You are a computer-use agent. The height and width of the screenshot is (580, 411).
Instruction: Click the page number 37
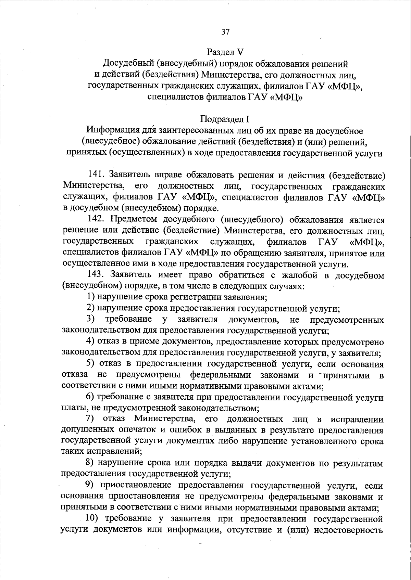pos(225,32)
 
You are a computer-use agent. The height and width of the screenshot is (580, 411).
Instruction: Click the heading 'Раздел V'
pos(225,52)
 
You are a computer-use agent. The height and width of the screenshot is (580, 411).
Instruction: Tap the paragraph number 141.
pos(97,175)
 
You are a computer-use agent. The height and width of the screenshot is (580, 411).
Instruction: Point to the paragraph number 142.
pos(97,219)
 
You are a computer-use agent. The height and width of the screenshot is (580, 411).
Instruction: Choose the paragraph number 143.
pos(97,275)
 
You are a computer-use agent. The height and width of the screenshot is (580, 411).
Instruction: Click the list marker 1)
pos(90,297)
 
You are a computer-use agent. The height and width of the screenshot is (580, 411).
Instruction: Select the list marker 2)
pos(90,308)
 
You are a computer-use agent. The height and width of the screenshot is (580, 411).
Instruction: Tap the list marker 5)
pos(90,364)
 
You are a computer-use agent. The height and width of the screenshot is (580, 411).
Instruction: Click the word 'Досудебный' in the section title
pos(128,64)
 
